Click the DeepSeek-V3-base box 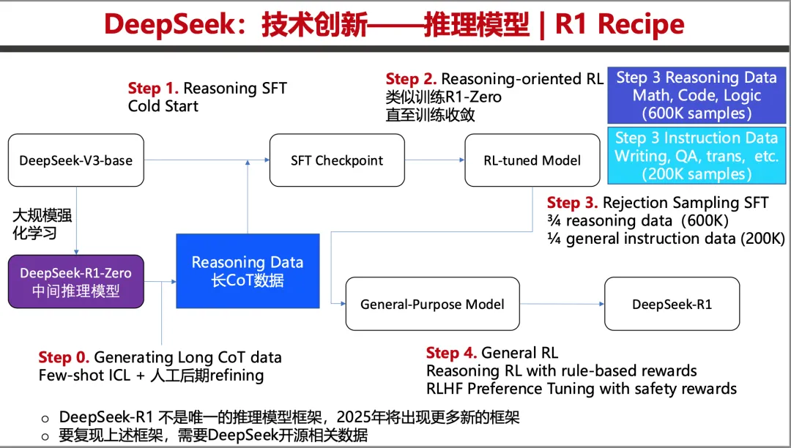76,160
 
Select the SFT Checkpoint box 337,160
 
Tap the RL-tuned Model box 532,160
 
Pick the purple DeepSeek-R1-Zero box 76,281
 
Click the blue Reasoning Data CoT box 248,271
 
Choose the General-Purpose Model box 432,304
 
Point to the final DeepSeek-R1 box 672,304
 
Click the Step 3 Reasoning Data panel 697,95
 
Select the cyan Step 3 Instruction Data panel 697,156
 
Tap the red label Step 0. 64,357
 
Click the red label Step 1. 153,88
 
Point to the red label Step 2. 411,79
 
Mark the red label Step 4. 451,353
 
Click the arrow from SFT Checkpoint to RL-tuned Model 435,160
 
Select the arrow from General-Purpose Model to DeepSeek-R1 562,304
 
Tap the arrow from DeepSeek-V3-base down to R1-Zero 76,221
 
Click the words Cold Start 163,106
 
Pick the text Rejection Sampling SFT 686,203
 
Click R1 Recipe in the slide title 620,23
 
